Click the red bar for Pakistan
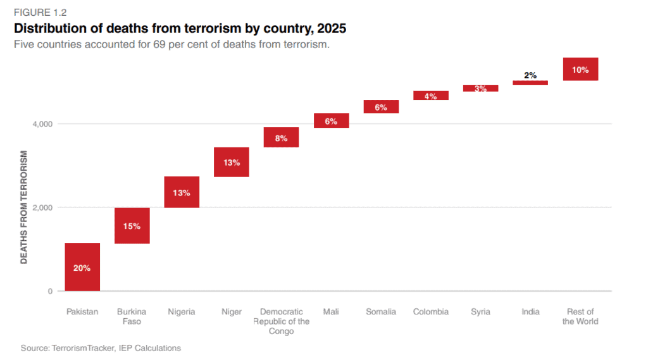[x=82, y=267]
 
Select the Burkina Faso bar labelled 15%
[x=132, y=225]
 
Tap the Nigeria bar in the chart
[x=182, y=192]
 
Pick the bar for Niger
[x=231, y=162]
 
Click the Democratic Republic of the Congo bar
[x=281, y=137]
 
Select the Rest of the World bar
[x=580, y=69]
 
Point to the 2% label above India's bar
[x=530, y=75]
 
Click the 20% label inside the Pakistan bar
[x=82, y=268]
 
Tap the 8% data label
[x=281, y=137]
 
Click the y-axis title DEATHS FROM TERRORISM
[x=24, y=207]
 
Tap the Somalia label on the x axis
[x=381, y=311]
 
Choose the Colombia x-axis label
[x=430, y=311]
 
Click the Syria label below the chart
[x=480, y=311]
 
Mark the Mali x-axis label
[x=331, y=311]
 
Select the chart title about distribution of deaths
[x=180, y=28]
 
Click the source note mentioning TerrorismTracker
[x=101, y=347]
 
